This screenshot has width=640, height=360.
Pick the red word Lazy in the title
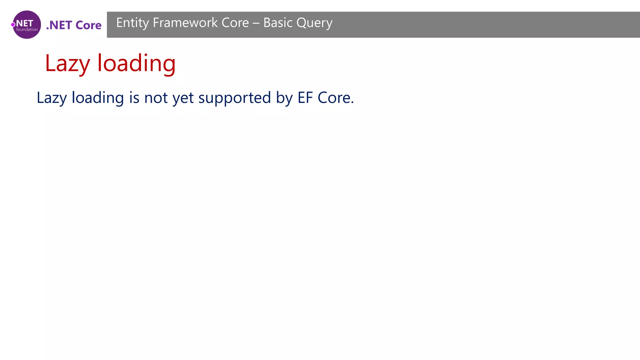tap(67, 63)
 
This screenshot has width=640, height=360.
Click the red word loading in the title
tap(136, 63)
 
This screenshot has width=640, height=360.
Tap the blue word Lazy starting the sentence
tap(52, 98)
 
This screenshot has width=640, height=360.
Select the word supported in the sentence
tap(234, 98)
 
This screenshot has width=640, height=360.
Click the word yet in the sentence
tap(183, 98)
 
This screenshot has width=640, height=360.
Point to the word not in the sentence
tap(156, 98)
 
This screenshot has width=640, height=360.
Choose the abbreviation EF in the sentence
tap(305, 98)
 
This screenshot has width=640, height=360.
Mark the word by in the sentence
tap(284, 98)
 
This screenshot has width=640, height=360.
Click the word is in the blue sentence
tap(134, 98)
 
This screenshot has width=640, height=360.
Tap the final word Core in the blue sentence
tap(335, 98)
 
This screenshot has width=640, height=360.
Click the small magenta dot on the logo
tap(13, 25)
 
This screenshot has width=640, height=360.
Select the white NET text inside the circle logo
tap(25, 23)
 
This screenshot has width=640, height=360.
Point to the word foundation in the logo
tap(27, 30)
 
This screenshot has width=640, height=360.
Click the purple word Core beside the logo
tap(88, 25)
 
